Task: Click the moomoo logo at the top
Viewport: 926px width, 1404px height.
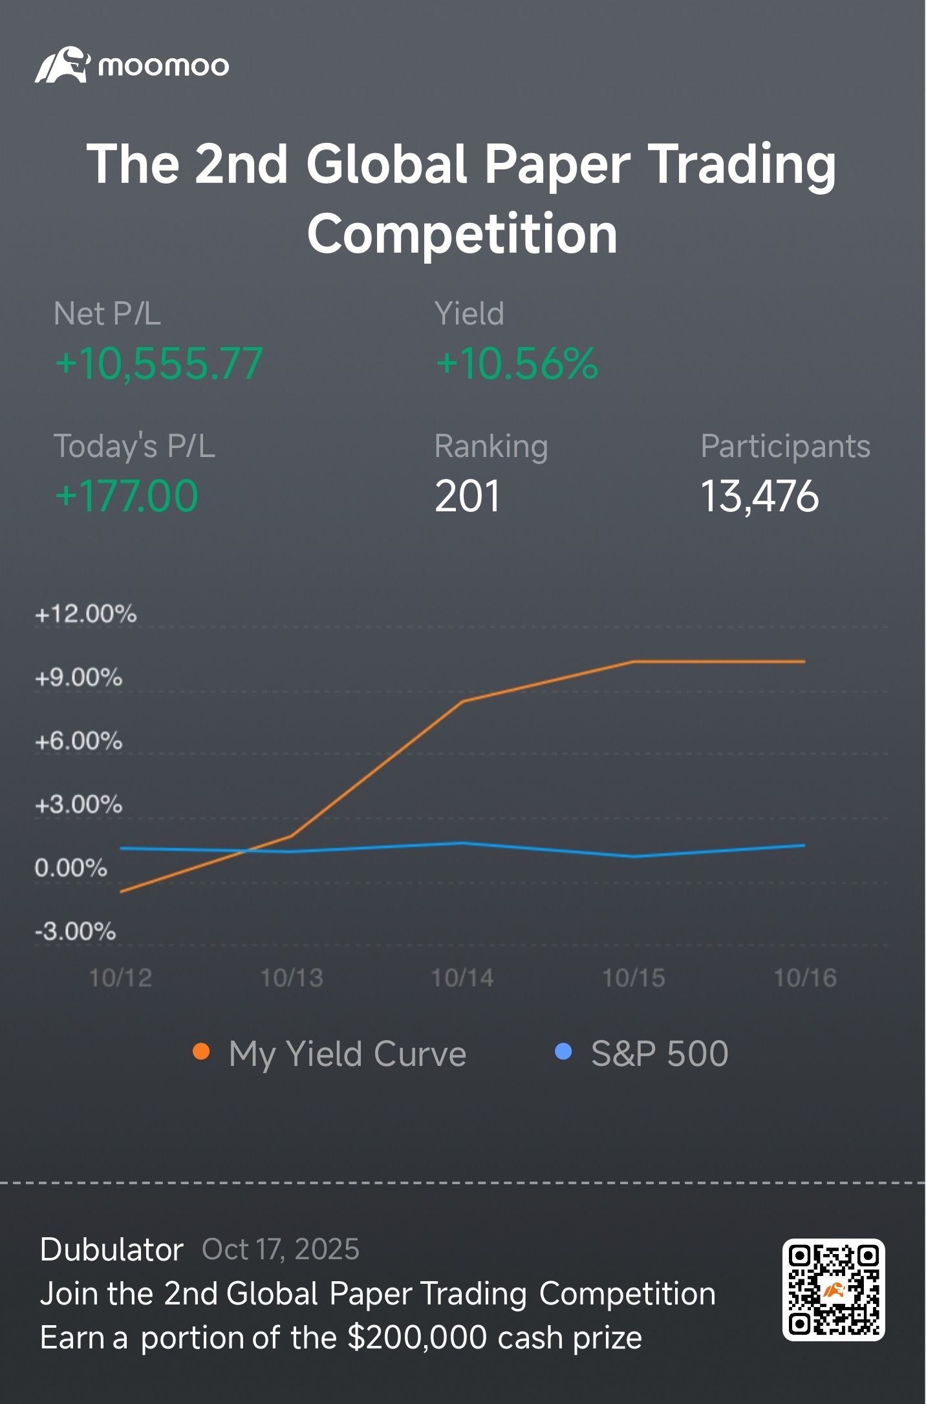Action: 132,65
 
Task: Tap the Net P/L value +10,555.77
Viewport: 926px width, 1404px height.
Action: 159,363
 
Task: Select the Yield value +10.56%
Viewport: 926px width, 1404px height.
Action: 517,363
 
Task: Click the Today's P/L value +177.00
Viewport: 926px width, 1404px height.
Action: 127,496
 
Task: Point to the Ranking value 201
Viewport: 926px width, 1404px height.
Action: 468,496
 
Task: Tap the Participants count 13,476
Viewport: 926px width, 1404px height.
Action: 760,496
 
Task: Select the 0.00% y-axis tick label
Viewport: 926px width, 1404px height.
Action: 71,867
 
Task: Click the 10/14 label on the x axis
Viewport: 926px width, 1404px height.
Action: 462,978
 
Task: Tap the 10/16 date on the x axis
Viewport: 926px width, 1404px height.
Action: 805,978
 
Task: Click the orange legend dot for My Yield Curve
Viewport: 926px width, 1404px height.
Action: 201,1052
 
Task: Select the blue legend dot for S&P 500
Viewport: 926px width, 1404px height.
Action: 563,1052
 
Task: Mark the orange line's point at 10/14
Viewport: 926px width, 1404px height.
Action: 463,701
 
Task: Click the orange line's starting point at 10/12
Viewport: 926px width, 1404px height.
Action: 121,892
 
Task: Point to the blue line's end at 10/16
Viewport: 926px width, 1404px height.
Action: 804,845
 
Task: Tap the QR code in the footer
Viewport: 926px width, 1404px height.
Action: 834,1290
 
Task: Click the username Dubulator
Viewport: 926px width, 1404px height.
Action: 112,1250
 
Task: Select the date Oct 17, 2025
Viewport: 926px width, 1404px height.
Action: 281,1250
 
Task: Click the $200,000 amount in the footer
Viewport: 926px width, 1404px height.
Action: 418,1338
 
